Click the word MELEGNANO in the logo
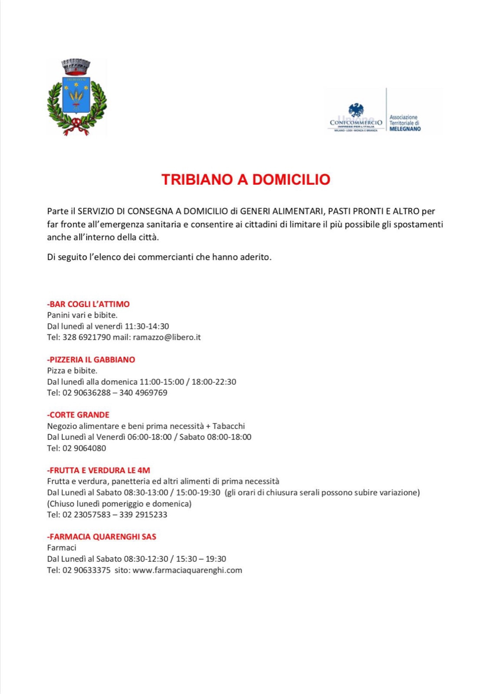[405, 129]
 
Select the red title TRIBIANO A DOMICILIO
[246, 180]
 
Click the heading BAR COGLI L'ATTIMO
[89, 304]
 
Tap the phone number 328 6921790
[86, 337]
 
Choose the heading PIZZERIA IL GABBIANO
[92, 360]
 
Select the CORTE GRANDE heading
[79, 415]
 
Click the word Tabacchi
[228, 426]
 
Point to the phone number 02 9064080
[84, 448]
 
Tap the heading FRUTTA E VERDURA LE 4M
[99, 470]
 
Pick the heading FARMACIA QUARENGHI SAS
[102, 537]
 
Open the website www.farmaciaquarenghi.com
[187, 570]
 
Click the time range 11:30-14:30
[147, 326]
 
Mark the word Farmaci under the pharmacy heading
[62, 548]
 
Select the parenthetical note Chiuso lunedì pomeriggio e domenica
[119, 504]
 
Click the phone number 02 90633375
[86, 570]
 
